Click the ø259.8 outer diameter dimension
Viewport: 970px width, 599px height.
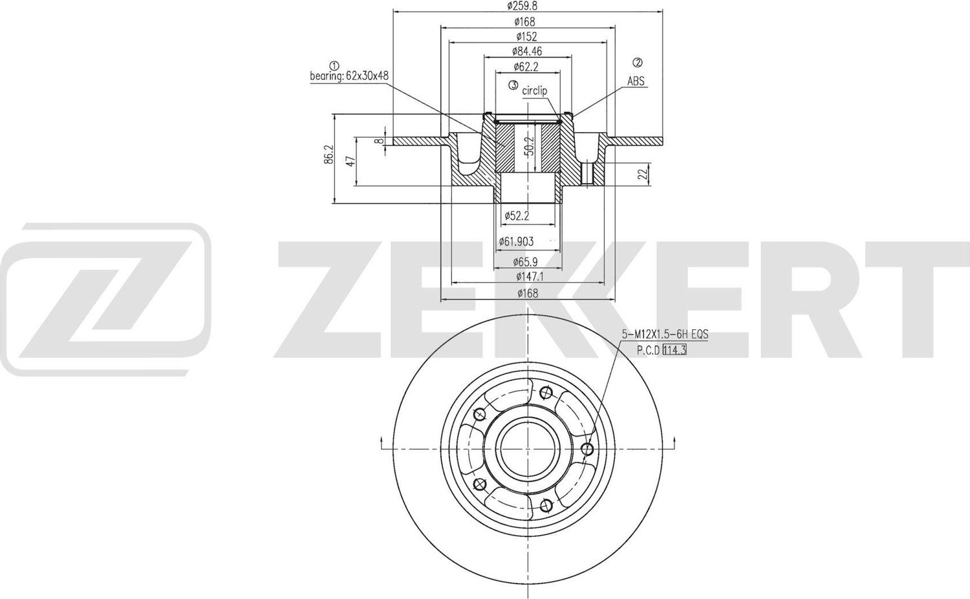523,6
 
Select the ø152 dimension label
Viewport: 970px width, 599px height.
526,36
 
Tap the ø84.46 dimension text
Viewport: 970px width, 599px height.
526,51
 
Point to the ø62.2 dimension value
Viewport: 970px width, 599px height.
526,66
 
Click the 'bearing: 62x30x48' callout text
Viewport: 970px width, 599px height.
349,76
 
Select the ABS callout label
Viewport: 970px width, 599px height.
636,82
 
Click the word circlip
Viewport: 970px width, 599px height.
534,91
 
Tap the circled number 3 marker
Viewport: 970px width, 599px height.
513,85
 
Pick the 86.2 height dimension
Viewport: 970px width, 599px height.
329,155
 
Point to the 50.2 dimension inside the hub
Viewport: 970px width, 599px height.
529,146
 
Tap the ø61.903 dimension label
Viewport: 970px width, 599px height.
516,241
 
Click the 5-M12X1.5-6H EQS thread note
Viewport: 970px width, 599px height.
665,334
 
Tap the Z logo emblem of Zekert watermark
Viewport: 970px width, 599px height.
105,299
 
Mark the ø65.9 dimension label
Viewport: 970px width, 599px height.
526,263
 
